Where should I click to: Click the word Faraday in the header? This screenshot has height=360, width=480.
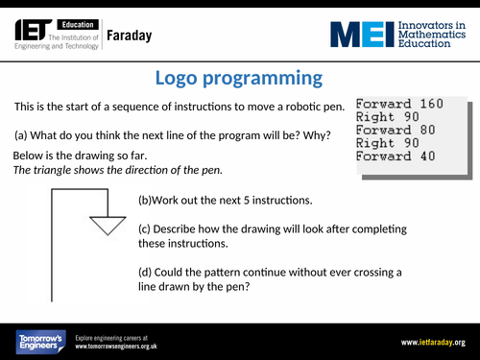tap(128, 37)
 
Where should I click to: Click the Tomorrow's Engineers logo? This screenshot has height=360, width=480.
tap(38, 341)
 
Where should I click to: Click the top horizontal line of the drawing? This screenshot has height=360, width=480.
tap(77, 190)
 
